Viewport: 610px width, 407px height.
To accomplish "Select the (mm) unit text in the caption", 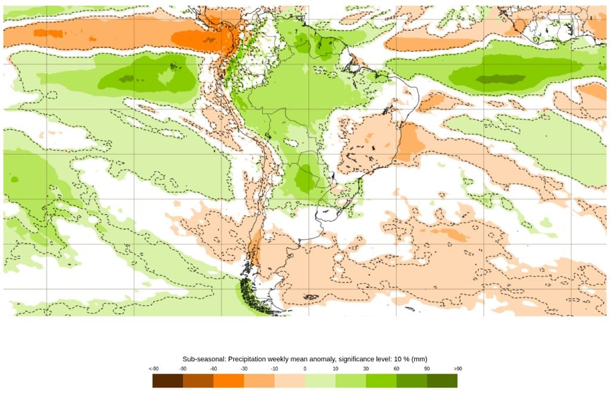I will [x=419, y=359].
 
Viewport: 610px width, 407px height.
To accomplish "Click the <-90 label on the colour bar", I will [x=153, y=369].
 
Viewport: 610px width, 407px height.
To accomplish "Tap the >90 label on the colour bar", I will [x=457, y=369].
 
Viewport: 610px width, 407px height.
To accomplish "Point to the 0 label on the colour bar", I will [x=305, y=369].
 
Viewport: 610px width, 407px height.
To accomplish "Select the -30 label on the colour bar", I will [x=244, y=369].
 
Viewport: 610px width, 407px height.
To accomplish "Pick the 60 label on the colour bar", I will [x=396, y=369].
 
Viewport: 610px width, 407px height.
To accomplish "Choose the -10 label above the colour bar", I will [x=275, y=369].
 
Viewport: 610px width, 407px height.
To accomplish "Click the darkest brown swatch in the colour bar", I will [x=167, y=381].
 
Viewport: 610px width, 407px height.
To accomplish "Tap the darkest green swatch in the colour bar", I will [x=442, y=381].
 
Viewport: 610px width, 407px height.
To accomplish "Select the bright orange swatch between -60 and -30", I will [x=229, y=381].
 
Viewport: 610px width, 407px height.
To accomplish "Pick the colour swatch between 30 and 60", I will [x=381, y=381].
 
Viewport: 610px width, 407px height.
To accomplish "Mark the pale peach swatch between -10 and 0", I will [x=290, y=381].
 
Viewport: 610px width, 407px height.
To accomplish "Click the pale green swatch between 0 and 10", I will [x=320, y=381].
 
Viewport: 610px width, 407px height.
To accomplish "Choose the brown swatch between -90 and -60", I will [x=198, y=381].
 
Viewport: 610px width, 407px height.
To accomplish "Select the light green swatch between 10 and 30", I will [x=351, y=381].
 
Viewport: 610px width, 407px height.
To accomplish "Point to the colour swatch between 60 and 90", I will [x=412, y=381].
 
